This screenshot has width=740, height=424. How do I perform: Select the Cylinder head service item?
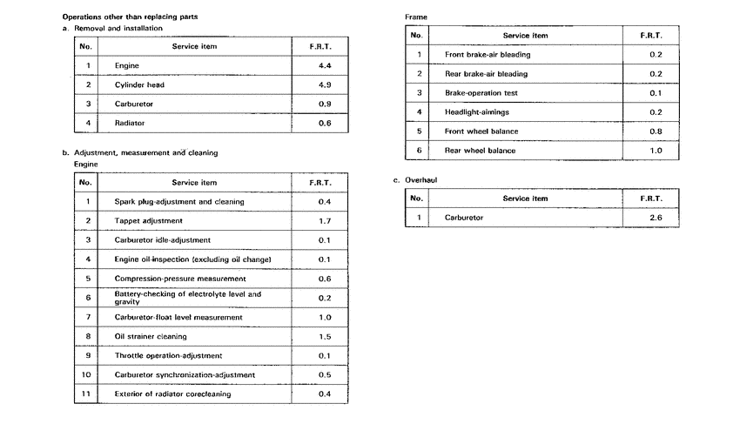(x=139, y=84)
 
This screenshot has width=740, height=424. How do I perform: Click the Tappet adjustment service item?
(x=148, y=221)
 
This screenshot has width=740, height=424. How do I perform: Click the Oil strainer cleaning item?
(x=150, y=336)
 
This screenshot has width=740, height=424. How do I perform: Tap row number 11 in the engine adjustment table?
(x=85, y=394)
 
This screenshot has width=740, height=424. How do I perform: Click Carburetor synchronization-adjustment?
(x=185, y=374)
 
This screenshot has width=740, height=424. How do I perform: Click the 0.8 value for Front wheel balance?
(x=656, y=131)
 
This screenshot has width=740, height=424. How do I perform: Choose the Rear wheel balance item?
(x=480, y=151)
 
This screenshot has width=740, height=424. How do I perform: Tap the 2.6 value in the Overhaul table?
(x=656, y=218)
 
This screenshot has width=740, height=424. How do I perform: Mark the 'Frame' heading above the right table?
(x=416, y=17)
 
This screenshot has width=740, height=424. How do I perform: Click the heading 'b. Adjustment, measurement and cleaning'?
(x=140, y=152)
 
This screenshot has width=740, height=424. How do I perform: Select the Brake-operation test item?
(x=481, y=93)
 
